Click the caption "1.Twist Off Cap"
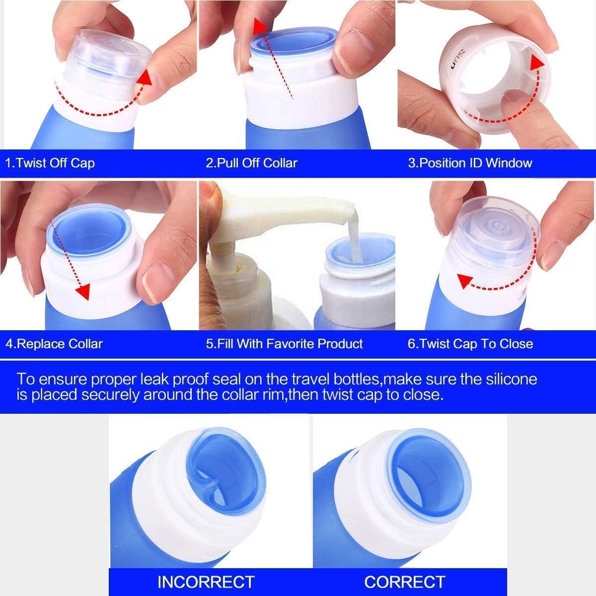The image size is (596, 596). (x=50, y=163)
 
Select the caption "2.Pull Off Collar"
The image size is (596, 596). (x=251, y=163)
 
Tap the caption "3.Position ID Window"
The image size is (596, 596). (x=469, y=163)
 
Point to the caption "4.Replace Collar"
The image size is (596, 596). (x=54, y=344)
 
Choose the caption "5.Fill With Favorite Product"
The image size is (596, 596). (x=284, y=344)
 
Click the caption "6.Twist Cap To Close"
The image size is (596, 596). (x=470, y=344)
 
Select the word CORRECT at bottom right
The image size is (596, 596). (x=405, y=581)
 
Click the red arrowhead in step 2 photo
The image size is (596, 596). (x=257, y=27)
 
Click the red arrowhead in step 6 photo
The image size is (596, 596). (x=465, y=282)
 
